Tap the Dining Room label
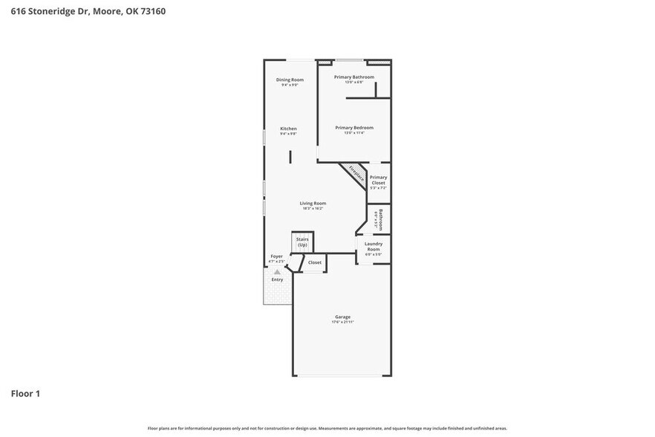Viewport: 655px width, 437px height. [290, 80]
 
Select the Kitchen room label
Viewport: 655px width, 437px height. [288, 129]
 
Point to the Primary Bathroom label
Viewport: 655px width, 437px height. [353, 77]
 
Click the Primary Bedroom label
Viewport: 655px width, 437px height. [353, 127]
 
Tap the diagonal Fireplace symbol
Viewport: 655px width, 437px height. [356, 175]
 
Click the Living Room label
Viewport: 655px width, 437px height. [313, 203]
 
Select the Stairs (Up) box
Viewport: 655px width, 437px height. [302, 242]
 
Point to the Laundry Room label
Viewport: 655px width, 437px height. [373, 246]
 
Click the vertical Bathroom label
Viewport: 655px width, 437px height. [379, 219]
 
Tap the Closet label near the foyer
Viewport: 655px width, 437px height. [315, 262]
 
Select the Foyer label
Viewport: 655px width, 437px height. [276, 256]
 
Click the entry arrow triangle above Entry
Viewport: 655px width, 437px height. [277, 273]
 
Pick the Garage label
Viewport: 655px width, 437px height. [342, 317]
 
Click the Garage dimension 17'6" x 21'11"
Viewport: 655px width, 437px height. [342, 322]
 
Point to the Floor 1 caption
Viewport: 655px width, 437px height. [25, 393]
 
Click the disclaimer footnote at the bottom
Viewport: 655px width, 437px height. [327, 428]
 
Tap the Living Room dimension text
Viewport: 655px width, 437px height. [313, 208]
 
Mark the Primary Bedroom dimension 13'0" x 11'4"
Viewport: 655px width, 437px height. [353, 132]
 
